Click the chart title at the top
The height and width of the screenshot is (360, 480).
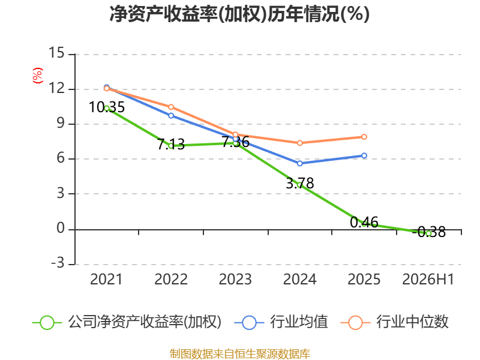pyautogui.click(x=239, y=14)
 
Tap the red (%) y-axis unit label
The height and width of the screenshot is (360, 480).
pyautogui.click(x=38, y=76)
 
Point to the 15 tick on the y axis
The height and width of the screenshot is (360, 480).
pyautogui.click(x=56, y=53)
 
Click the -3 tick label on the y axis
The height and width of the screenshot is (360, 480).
pyautogui.click(x=58, y=263)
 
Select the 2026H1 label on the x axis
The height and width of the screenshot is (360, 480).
pyautogui.click(x=428, y=279)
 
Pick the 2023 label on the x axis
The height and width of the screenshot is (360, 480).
pyautogui.click(x=235, y=279)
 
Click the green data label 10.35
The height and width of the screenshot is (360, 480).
pyautogui.click(x=107, y=107)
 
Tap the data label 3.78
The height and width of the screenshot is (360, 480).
pyautogui.click(x=299, y=183)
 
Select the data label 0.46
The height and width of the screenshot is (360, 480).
pyautogui.click(x=364, y=222)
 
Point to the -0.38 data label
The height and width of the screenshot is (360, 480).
pyautogui.click(x=428, y=232)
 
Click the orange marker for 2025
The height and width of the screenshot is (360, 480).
pyautogui.click(x=364, y=137)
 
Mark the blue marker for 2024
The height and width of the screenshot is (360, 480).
pyautogui.click(x=299, y=163)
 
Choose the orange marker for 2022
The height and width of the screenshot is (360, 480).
pyautogui.click(x=171, y=107)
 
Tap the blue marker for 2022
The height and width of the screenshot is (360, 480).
pyautogui.click(x=171, y=115)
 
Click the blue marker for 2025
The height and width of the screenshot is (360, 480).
pyautogui.click(x=364, y=156)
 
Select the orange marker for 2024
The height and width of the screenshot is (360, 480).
pyautogui.click(x=299, y=143)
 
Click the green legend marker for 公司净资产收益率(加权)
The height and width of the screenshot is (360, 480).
pyautogui.click(x=47, y=323)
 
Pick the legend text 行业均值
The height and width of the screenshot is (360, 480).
pyautogui.click(x=299, y=322)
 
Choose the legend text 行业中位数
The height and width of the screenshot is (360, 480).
pyautogui.click(x=412, y=322)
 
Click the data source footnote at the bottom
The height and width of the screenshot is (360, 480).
pyautogui.click(x=239, y=354)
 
